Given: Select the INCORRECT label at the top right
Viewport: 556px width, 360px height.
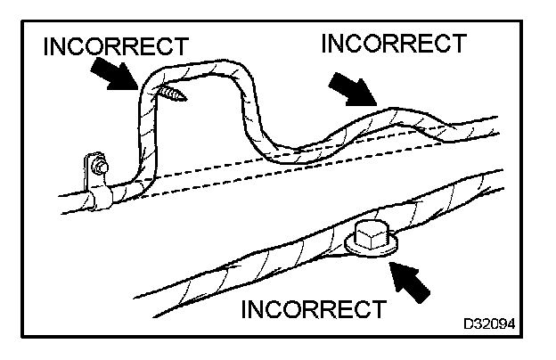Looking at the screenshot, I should (393, 43).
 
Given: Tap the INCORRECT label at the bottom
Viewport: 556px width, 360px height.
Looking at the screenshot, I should (315, 310).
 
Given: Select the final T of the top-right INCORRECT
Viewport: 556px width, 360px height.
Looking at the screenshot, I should (457, 43).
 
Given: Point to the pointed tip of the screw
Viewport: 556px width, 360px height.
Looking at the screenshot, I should (154, 87).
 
